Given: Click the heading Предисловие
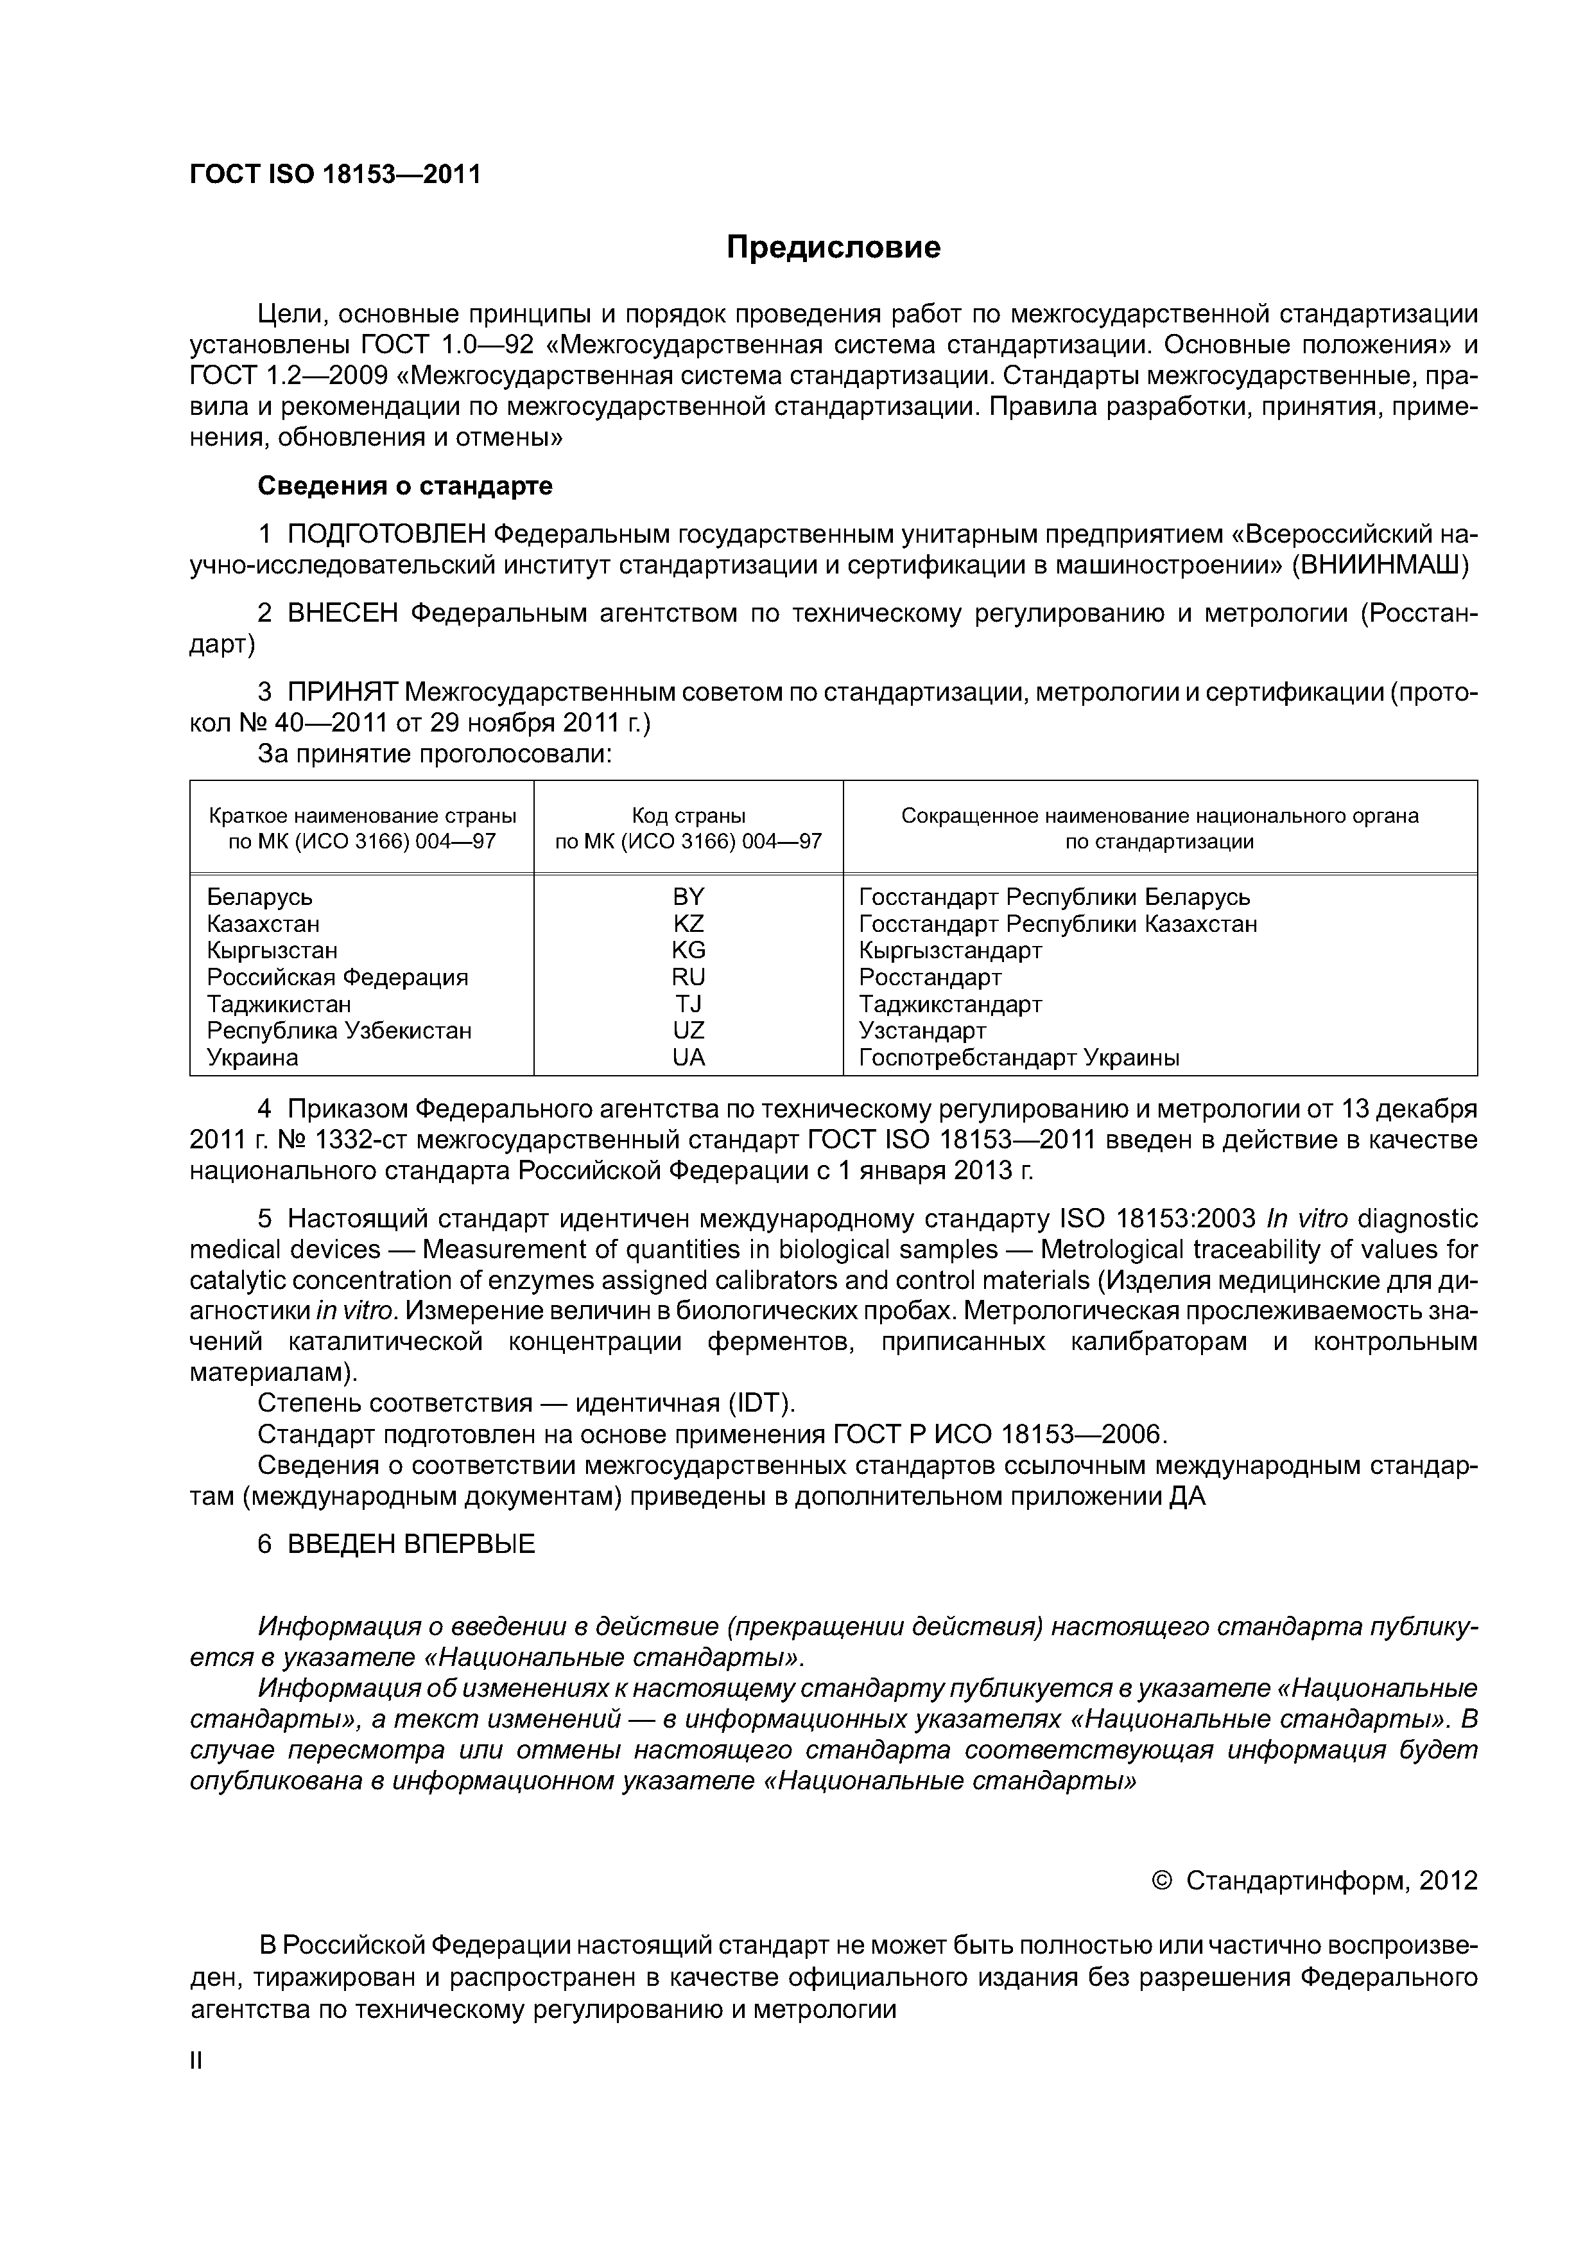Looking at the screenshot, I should tap(833, 247).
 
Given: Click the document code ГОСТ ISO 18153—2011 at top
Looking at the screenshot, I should tap(334, 175).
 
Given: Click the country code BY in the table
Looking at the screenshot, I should tap(689, 897).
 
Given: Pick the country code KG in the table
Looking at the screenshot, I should tap(689, 950).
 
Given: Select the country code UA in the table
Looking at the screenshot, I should tap(689, 1057).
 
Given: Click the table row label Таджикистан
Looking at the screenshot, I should tap(279, 1004).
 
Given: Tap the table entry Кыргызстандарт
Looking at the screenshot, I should tap(949, 950).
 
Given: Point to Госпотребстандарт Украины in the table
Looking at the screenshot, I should tap(1018, 1057).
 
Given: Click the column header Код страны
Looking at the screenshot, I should tap(689, 816).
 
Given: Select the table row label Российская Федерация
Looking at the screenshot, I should tap(338, 977).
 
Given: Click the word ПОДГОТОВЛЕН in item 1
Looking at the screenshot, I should tap(386, 534).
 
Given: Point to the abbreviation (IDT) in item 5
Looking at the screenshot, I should tap(758, 1404).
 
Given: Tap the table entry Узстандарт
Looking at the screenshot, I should tap(922, 1030).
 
